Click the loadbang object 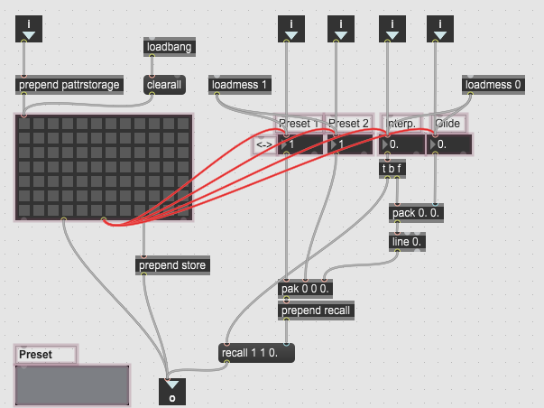tap(169, 47)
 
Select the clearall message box tap(164, 85)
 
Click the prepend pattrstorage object tap(69, 85)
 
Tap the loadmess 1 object tap(241, 85)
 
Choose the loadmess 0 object tap(493, 85)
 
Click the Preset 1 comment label tap(299, 124)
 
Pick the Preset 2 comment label tap(349, 124)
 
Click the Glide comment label tap(447, 124)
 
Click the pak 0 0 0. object tap(305, 289)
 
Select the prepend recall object tap(316, 311)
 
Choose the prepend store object tap(172, 265)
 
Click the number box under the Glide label tap(452, 144)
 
